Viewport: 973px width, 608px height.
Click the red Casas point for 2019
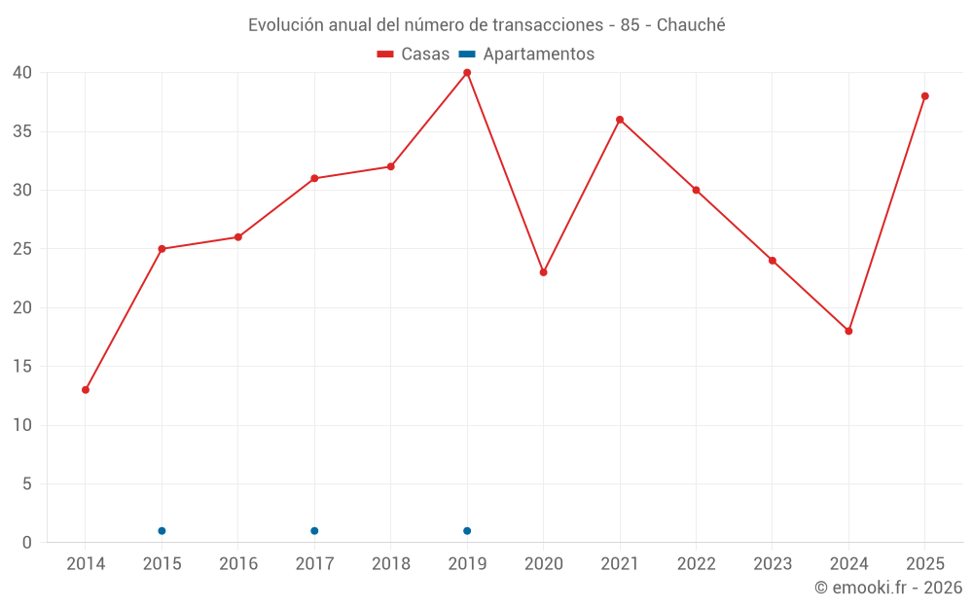467,73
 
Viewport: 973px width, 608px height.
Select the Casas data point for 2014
86,390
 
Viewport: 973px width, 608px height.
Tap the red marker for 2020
544,272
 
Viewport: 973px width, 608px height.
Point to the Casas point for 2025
924,96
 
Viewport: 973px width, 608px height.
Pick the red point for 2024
848,332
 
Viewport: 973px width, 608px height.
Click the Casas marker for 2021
620,120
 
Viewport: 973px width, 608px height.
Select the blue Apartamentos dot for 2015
162,531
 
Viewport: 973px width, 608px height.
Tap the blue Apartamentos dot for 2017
314,531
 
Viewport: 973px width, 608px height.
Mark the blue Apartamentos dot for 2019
467,531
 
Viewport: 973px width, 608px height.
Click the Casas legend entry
414,54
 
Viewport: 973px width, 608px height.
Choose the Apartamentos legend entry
526,54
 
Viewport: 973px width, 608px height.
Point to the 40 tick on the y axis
22,73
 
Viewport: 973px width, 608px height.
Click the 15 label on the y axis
22,366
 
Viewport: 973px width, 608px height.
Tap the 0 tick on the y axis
26,542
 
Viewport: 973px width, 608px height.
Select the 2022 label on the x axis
697,563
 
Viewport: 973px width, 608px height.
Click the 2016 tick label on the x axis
238,563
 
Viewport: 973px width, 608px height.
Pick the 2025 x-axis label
925,563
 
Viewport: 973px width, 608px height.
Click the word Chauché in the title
691,25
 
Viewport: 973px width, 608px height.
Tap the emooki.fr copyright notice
888,587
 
